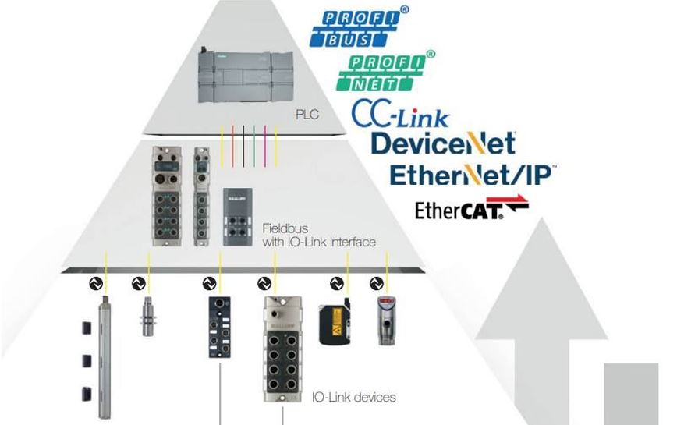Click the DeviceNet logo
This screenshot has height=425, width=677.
(x=442, y=143)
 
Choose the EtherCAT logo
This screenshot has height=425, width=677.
(x=473, y=210)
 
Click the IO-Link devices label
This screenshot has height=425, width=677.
(x=353, y=397)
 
